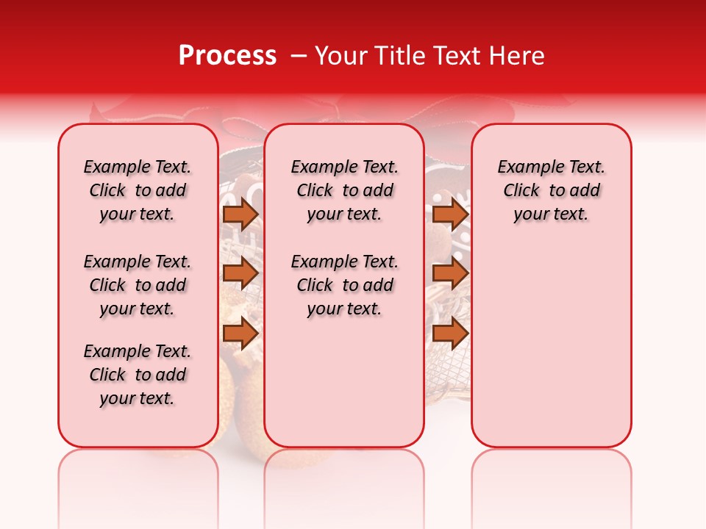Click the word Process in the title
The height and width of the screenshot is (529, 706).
point(227,56)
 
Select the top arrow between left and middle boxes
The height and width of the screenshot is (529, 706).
point(240,214)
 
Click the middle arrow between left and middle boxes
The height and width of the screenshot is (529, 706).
point(240,273)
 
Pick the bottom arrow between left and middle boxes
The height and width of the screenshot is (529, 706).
point(240,333)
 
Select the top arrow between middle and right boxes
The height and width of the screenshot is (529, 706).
point(450,214)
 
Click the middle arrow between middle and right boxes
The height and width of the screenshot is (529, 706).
point(450,273)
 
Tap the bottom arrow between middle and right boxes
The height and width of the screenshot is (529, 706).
point(450,333)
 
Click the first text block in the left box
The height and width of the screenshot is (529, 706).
point(138,190)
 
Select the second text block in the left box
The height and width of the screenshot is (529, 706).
point(138,285)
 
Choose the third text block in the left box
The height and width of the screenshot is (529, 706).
point(138,375)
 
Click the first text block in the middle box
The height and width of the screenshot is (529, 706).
point(345,190)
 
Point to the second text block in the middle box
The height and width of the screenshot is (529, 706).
point(345,285)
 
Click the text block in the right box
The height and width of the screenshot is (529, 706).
point(551,190)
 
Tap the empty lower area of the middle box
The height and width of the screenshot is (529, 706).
point(344,382)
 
